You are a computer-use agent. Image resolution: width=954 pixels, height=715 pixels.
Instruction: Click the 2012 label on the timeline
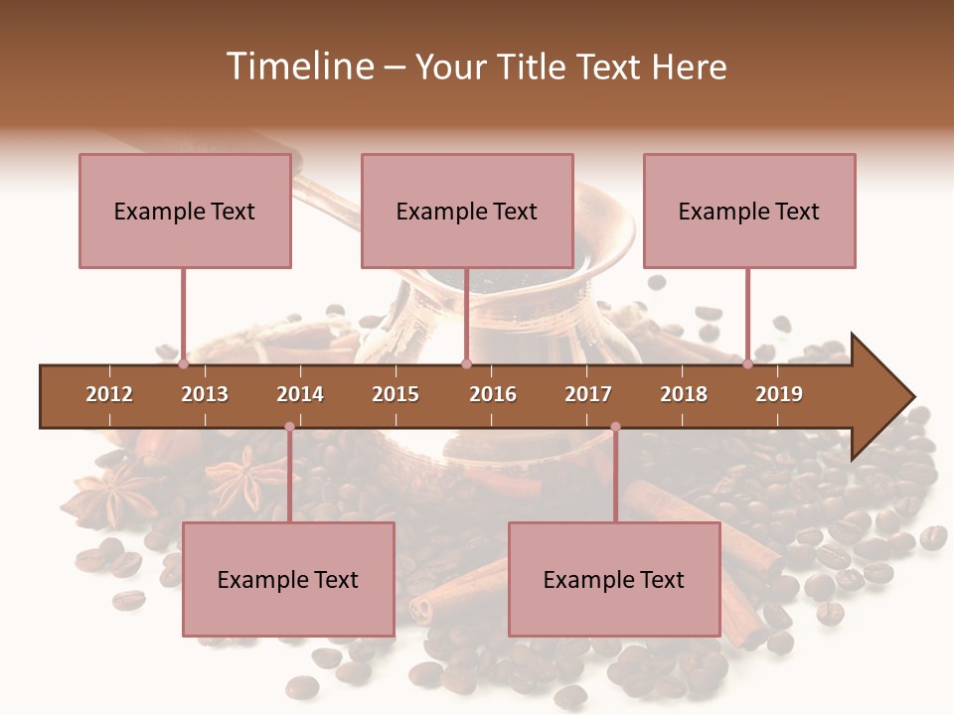[x=109, y=394]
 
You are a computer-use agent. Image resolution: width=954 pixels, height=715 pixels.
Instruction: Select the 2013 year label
[x=205, y=394]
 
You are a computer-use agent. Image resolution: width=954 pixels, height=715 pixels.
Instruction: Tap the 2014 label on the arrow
[x=300, y=394]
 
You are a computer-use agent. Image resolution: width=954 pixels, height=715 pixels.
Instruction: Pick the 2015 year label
[x=396, y=394]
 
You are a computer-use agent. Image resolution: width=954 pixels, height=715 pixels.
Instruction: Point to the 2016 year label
[x=493, y=394]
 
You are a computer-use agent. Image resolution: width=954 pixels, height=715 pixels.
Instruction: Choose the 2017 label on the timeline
[x=588, y=394]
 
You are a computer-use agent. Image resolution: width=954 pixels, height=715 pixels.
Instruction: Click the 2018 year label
[x=684, y=394]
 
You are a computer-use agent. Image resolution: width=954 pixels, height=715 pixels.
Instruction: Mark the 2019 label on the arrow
[x=779, y=394]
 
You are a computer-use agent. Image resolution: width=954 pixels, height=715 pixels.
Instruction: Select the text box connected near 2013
[x=185, y=211]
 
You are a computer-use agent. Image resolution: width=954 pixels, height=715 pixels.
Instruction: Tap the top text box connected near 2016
[x=467, y=211]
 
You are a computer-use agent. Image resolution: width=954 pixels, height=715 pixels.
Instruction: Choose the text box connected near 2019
[x=749, y=211]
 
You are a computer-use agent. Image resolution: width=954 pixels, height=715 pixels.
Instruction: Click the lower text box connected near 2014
[x=288, y=579]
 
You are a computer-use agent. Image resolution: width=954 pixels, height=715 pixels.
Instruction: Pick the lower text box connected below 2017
[x=614, y=579]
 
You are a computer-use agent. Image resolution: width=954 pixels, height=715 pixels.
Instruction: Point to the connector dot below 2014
[x=289, y=427]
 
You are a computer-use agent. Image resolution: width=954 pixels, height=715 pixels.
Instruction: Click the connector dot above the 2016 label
[x=466, y=364]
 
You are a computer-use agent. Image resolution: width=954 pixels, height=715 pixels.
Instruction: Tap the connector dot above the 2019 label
[x=747, y=364]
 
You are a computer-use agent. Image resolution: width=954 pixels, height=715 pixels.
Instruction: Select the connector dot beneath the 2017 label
[x=615, y=427]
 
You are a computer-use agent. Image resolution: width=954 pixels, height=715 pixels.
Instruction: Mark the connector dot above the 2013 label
[x=184, y=364]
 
